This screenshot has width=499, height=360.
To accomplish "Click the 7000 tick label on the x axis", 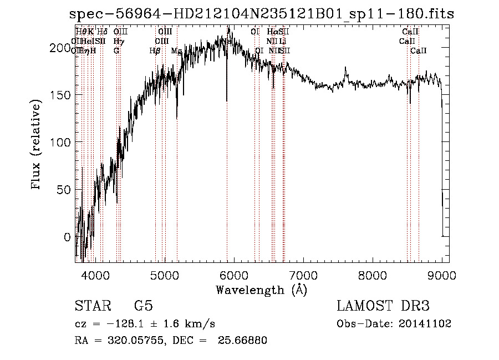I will pos(303,275).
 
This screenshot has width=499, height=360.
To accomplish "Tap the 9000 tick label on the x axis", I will pos(442,275).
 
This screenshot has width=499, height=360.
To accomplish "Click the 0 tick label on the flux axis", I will pos(68,237).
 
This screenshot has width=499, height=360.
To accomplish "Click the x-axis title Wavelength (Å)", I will pos(261,290).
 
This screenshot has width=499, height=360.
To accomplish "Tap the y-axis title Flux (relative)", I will pos(37,145).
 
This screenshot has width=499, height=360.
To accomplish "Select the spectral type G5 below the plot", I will pos(143,306).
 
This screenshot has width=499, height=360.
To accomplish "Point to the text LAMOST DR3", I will pos(383,306).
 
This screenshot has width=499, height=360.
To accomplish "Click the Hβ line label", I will pos(155,50).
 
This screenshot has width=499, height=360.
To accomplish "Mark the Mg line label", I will pos(176,50).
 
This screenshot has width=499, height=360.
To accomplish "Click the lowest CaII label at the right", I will pos(419,50).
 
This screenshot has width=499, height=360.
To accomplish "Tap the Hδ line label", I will pos(102,32).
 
